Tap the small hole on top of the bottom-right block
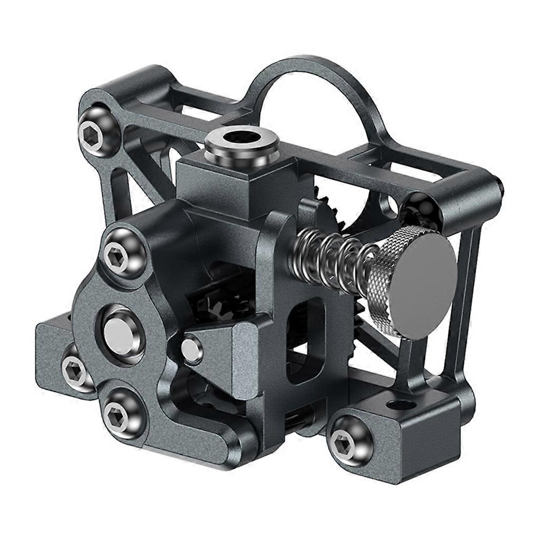coord(401,406)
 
